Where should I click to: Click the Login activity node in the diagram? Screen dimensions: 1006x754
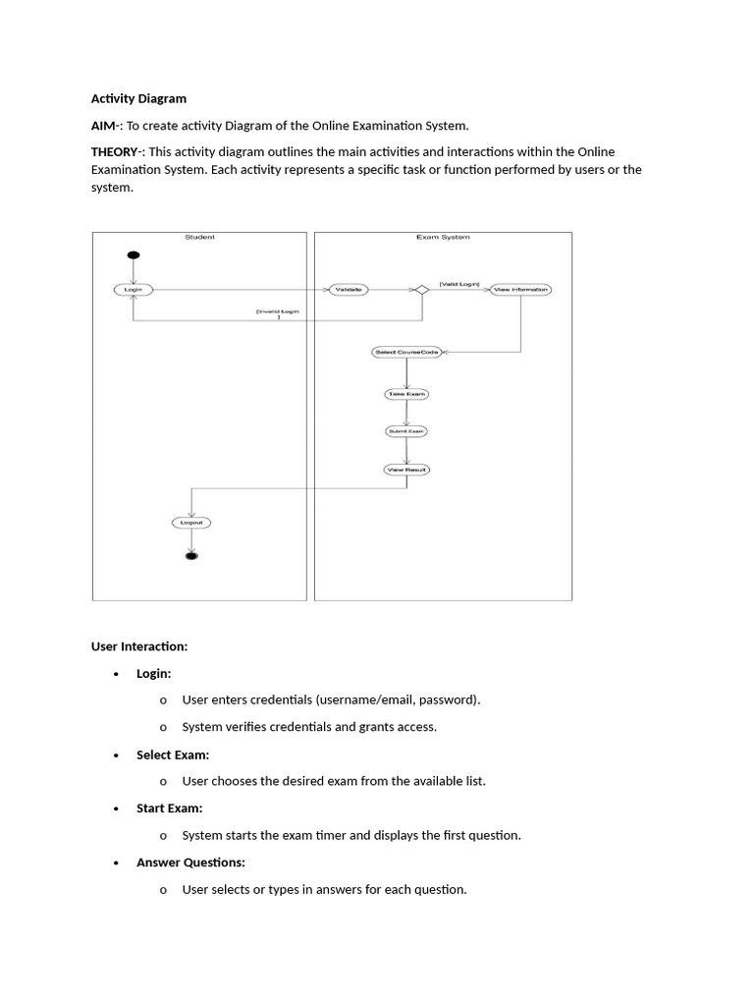tap(133, 290)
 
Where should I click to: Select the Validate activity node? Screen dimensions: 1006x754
tap(348, 290)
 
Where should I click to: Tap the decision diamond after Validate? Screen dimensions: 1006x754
tap(421, 290)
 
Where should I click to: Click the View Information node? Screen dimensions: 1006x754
tap(520, 290)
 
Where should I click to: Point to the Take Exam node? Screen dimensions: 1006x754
tap(406, 394)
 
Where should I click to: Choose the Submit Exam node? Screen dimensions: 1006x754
tap(405, 431)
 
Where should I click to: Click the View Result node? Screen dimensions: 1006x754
tap(406, 470)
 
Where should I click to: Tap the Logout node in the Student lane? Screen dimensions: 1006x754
tap(191, 523)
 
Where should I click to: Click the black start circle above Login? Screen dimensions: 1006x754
tap(134, 255)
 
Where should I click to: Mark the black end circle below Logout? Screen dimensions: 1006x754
tap(191, 556)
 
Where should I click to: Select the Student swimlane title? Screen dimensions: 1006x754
tap(199, 237)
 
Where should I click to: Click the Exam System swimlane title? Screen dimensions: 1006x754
tap(443, 237)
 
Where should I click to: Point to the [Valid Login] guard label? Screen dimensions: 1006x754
tap(458, 284)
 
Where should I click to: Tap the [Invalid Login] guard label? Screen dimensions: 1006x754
tap(278, 312)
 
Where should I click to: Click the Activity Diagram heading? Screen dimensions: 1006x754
tap(138, 99)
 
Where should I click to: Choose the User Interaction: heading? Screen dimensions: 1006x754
tap(138, 646)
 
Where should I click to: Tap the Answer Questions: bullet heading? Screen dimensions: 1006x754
tap(190, 863)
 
